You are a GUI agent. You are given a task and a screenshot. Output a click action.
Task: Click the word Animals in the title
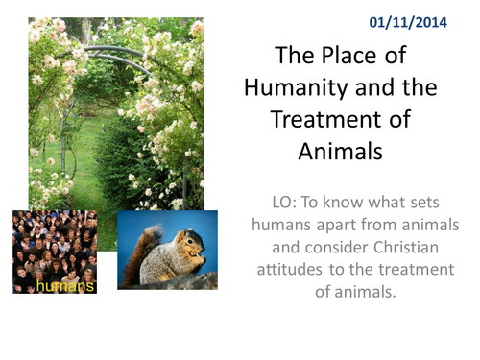[x=341, y=152]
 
